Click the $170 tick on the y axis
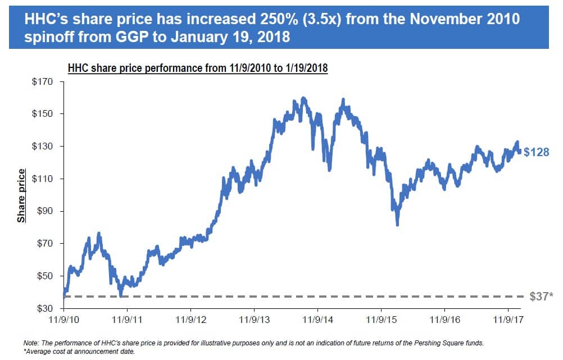[42, 81]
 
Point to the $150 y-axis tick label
[42, 114]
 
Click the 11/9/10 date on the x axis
[63, 318]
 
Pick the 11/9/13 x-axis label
[254, 318]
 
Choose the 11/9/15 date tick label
[381, 318]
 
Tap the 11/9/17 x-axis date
[508, 318]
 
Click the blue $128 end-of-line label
[536, 152]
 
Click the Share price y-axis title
[21, 195]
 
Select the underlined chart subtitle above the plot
[198, 69]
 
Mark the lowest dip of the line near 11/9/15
[397, 225]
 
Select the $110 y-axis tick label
[42, 179]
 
